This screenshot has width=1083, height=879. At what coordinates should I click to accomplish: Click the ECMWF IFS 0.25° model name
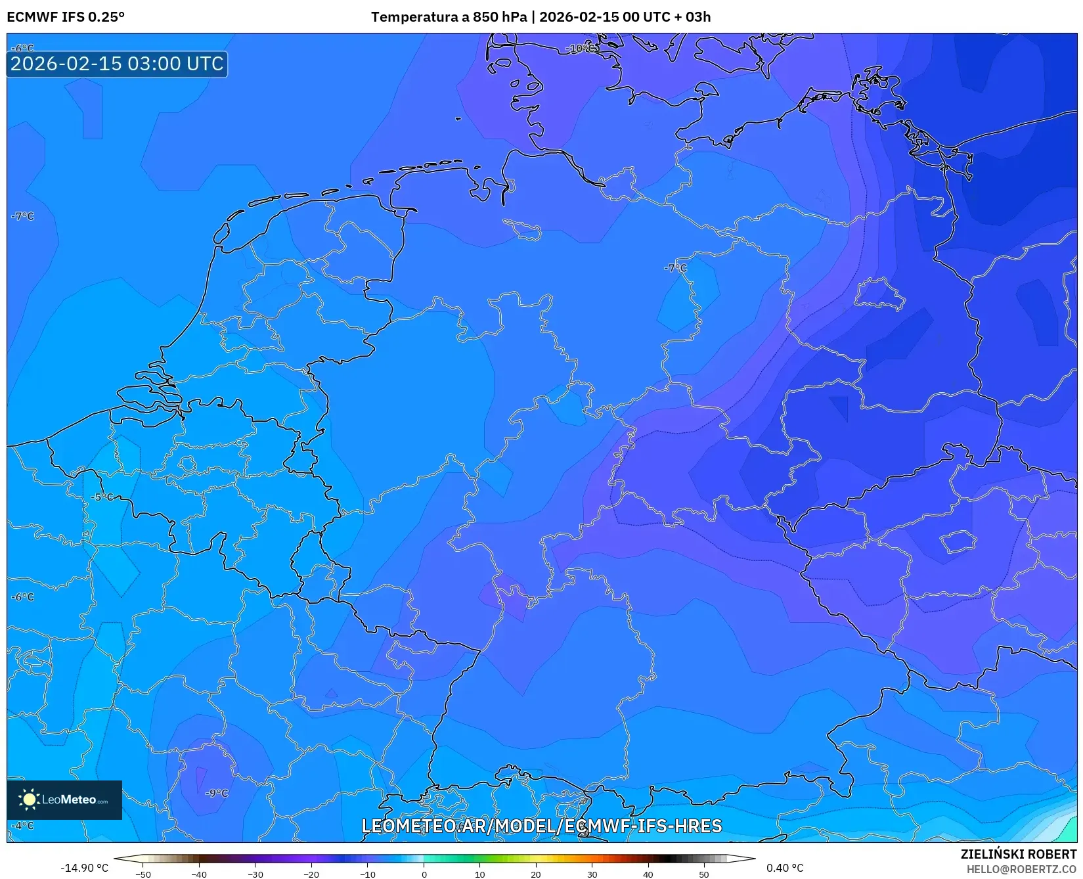66,17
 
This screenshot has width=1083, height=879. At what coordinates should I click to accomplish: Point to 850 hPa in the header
500,17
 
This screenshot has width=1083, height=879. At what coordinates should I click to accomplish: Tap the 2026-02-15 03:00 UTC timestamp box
117,64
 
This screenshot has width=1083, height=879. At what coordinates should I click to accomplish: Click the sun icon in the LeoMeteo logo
29,800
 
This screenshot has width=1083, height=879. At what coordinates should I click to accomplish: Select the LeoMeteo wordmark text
70,800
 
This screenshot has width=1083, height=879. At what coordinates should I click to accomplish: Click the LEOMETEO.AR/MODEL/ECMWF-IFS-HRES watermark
542,826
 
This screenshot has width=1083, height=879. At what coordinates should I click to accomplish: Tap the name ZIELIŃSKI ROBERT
1019,854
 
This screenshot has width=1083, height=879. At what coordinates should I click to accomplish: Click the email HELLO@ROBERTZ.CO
1021,868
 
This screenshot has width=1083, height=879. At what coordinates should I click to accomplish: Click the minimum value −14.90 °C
85,868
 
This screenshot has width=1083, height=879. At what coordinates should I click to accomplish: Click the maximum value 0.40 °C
784,868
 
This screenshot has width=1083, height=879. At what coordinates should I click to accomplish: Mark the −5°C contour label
102,497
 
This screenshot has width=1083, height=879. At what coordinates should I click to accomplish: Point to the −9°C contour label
217,793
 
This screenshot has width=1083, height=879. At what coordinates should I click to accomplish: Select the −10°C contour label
582,49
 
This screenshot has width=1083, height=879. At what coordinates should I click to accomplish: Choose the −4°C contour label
22,825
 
